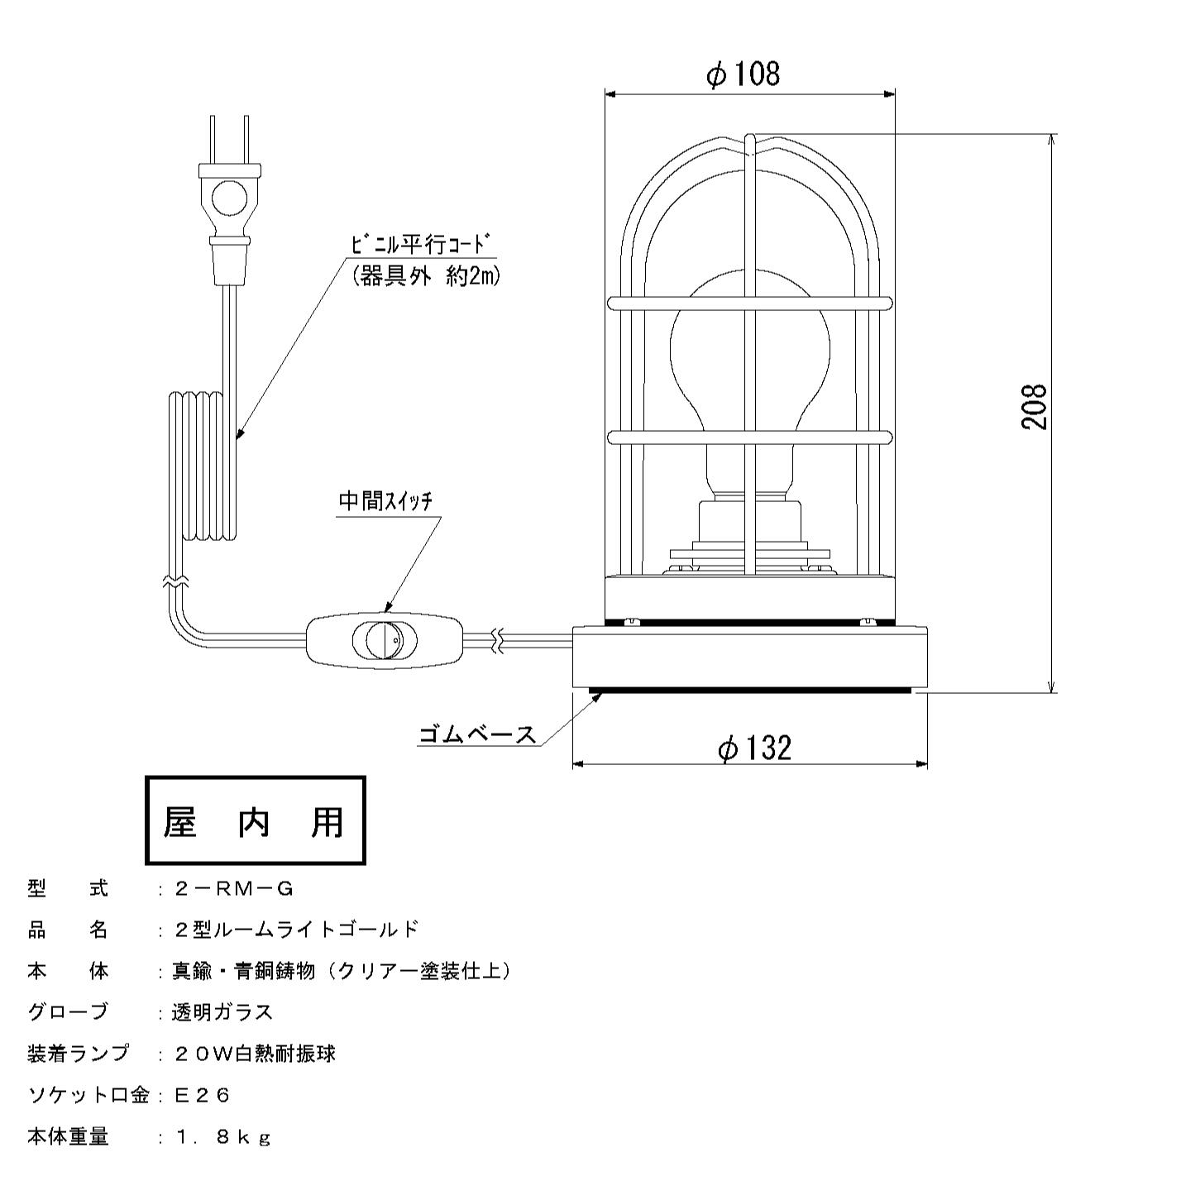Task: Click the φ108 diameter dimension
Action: pos(743,74)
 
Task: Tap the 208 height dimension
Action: pos(1034,406)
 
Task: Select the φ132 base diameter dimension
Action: pos(754,748)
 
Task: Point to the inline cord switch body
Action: pos(385,641)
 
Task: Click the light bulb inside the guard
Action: pos(749,373)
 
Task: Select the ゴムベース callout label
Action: pos(476,734)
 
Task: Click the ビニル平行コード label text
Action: pos(422,245)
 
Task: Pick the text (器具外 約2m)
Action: pos(426,277)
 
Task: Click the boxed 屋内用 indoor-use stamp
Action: pos(255,821)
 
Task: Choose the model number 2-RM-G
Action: pos(234,889)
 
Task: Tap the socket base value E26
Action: pos(202,1095)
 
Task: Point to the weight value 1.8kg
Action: pos(222,1137)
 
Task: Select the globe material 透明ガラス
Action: pos(222,1012)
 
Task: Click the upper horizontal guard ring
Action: pos(749,302)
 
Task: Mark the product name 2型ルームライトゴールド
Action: pos(296,930)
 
